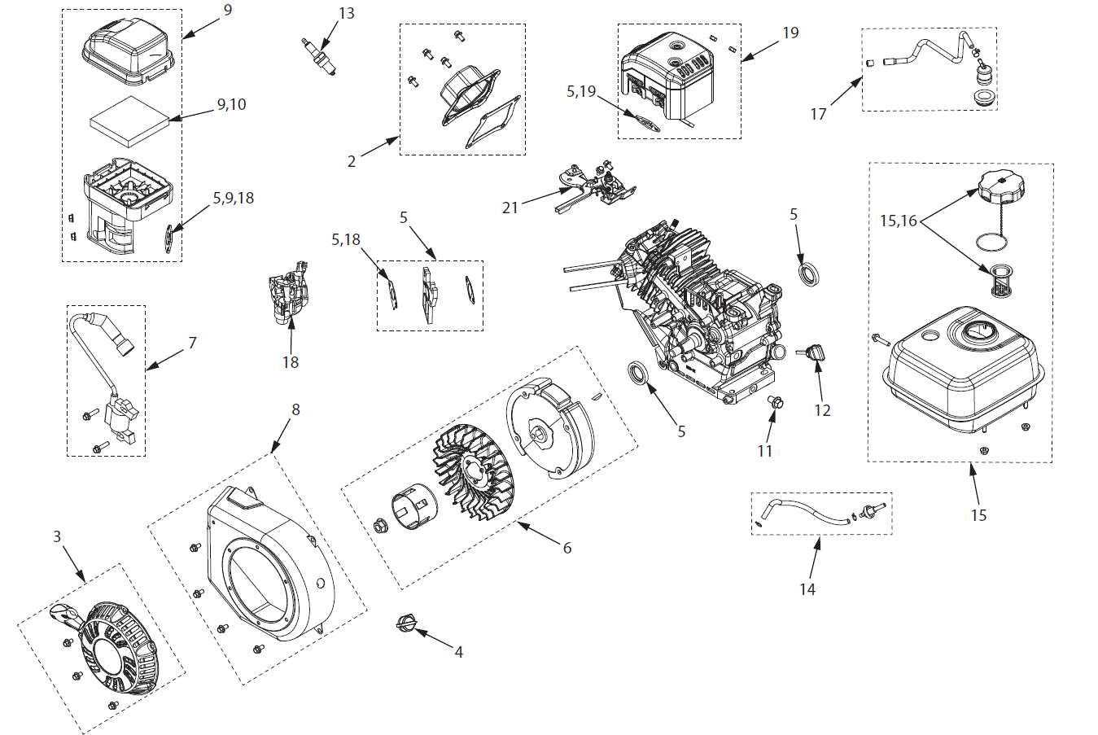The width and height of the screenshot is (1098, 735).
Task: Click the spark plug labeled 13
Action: (x=318, y=56)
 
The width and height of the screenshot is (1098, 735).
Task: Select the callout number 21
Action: (x=510, y=208)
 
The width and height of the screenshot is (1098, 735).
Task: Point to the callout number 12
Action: (x=822, y=410)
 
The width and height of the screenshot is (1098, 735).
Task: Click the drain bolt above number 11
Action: (x=775, y=401)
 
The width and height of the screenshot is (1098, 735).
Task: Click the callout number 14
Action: (x=807, y=588)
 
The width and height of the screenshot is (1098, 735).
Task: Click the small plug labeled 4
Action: (x=405, y=624)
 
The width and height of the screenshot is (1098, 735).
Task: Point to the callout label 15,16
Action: (x=898, y=221)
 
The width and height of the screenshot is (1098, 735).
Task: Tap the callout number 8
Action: (x=295, y=409)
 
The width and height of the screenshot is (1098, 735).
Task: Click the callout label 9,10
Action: (x=231, y=104)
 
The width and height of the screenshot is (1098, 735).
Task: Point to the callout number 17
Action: (x=818, y=114)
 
